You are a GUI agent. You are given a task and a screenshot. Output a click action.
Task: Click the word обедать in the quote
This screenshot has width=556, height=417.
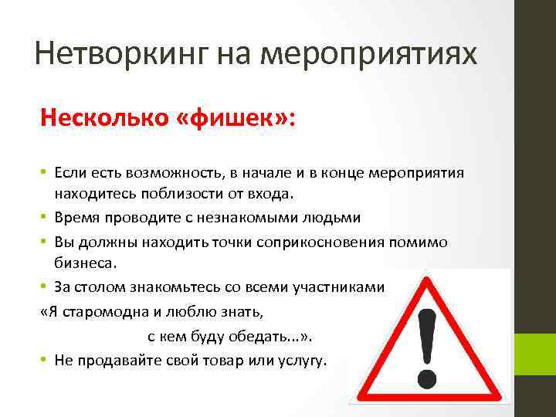point(270,337)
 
